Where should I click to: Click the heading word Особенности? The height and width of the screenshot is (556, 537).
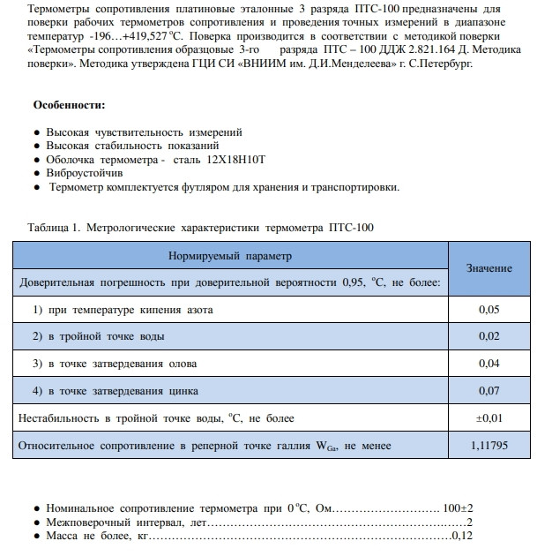coord(69,106)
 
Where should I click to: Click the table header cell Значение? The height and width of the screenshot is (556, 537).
coord(489,268)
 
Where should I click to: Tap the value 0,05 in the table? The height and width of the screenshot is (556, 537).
coord(489,310)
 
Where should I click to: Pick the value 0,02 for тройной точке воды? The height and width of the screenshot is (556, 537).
coord(489,336)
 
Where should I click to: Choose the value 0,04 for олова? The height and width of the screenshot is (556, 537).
coord(489,364)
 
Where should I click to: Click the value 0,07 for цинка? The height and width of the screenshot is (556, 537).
coord(489,390)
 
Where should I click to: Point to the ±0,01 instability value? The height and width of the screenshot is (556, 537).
coord(489,417)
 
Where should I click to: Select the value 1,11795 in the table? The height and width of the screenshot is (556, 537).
coord(489,445)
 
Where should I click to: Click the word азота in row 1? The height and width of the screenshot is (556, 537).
coord(198,310)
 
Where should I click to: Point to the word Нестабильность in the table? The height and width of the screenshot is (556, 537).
coord(59,417)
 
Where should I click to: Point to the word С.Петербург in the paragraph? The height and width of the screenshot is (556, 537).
coord(438,64)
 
